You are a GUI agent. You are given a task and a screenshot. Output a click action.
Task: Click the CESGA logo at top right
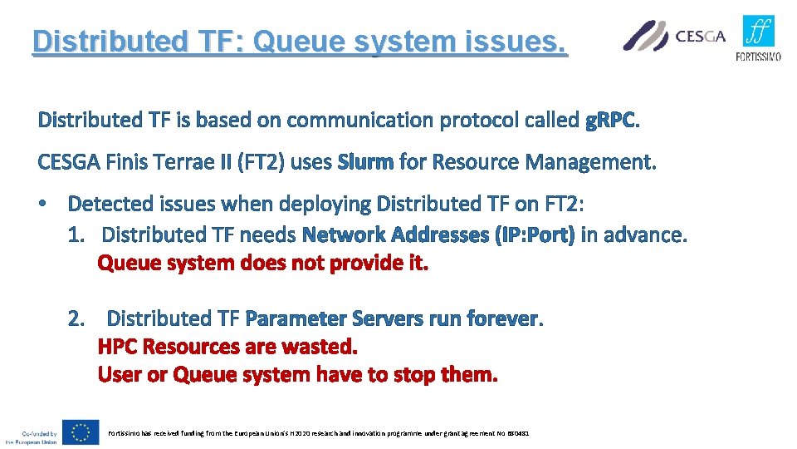tap(674, 36)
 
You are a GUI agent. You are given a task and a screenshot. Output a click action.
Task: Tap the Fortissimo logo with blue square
tap(758, 38)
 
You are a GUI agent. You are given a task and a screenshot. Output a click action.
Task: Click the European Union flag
tap(81, 432)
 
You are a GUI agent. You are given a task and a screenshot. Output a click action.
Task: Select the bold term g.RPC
tap(612, 121)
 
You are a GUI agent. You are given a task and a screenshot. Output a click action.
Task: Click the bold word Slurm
tap(365, 162)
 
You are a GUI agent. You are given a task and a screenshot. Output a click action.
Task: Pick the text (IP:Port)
tap(534, 235)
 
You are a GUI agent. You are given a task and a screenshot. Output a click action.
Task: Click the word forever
tap(503, 318)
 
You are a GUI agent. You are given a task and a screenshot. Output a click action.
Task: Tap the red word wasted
tap(319, 346)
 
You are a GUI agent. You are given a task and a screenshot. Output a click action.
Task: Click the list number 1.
tap(78, 235)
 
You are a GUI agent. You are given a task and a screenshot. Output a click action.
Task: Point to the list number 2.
tap(78, 318)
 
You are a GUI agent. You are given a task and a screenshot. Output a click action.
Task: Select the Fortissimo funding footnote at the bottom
tap(318, 433)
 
